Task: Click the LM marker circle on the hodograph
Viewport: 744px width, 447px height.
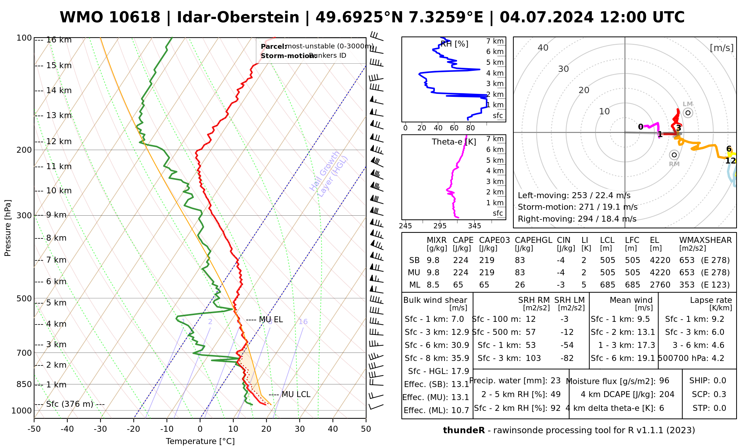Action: (688, 113)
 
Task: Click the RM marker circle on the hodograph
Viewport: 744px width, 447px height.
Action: (674, 155)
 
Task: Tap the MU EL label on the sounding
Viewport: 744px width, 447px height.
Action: (271, 320)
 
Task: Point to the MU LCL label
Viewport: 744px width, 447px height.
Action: (296, 394)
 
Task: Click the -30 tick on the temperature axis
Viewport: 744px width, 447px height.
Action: (100, 429)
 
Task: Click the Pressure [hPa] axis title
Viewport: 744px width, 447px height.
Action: (8, 228)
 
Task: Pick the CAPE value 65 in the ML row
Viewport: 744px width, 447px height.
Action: (458, 285)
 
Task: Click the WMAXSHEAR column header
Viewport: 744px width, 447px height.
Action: (705, 240)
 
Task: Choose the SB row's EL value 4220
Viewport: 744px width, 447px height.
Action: (660, 260)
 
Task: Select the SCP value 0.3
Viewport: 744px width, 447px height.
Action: (719, 394)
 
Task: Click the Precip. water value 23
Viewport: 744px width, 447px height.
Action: (555, 381)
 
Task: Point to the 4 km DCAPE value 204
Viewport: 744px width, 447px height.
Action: (667, 394)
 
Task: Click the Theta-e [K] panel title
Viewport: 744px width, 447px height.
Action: (454, 142)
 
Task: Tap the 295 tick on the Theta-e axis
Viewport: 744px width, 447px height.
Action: (440, 226)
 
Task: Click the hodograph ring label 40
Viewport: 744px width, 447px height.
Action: (543, 48)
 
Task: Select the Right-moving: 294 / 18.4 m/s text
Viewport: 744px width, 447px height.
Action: (577, 219)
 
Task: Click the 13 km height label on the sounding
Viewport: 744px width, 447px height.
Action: (59, 115)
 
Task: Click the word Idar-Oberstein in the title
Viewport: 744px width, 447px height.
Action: (238, 18)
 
